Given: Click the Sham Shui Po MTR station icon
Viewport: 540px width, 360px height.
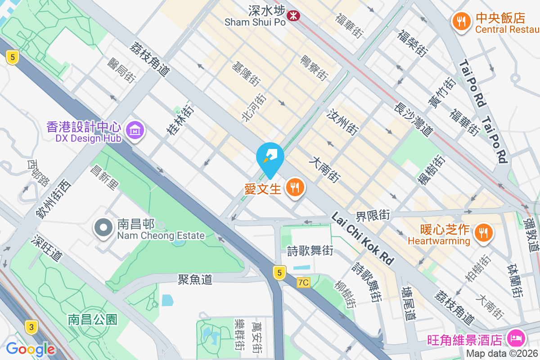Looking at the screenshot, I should coord(293,16).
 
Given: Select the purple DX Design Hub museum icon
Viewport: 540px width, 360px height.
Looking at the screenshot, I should coord(135,131).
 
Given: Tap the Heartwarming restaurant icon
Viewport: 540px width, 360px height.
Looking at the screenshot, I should coord(483,233).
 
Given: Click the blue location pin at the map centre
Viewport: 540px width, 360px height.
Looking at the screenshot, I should coord(270,157).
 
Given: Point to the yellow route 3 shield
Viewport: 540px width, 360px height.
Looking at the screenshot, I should coord(31,327).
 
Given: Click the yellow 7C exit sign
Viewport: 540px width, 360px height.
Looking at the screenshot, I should coord(304,283).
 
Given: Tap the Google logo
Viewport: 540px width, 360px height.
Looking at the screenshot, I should coord(30,349).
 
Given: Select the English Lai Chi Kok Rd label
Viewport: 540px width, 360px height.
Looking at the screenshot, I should coord(362,238).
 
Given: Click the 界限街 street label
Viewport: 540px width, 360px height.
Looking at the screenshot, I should coord(373,215).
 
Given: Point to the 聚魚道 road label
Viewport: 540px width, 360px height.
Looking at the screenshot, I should coord(195,279).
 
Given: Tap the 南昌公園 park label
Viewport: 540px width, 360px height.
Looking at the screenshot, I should coord(93,319).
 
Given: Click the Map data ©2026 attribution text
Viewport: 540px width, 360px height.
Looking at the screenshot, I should coord(502,354).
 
